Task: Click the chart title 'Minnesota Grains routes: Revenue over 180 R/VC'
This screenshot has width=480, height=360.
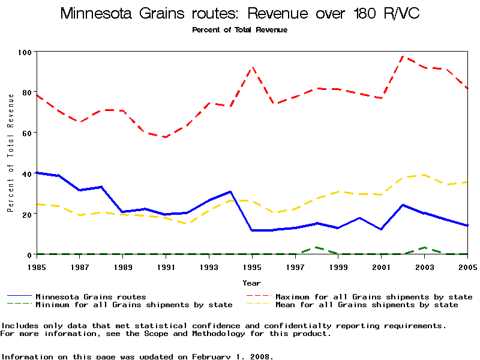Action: pos(240,14)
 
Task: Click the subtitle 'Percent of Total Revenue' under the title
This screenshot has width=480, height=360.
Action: pos(240,30)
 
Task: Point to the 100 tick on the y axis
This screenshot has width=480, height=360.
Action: pos(26,52)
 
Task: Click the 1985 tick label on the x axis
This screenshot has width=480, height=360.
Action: pos(37,266)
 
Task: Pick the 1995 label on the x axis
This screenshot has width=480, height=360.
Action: pos(253,266)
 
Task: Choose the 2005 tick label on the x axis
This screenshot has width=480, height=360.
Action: pos(467,266)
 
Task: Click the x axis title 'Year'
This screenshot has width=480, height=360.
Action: pos(252,283)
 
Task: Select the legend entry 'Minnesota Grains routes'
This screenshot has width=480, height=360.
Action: pos(91,296)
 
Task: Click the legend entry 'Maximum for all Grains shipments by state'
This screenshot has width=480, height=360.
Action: pos(373,296)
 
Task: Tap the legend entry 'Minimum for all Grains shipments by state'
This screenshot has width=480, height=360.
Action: pos(134,305)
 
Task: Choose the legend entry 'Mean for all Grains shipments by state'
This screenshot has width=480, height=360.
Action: pos(366,305)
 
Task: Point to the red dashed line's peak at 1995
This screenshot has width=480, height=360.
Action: pos(253,67)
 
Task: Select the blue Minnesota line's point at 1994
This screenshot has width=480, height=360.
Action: pos(231,191)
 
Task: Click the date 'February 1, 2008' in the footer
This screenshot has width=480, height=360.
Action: pos(232,356)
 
